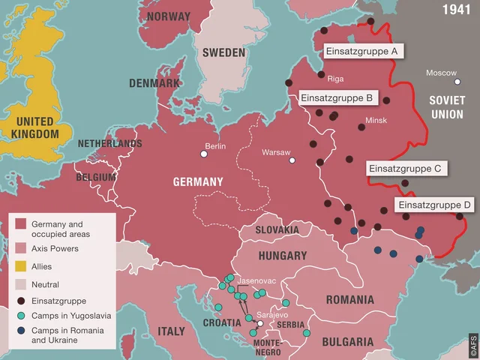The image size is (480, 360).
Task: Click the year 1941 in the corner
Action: coord(457,10)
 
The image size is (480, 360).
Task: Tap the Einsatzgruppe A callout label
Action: coord(363,52)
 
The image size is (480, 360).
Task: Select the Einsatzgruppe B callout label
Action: coord(337,97)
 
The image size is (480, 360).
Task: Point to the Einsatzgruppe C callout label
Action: coord(406,169)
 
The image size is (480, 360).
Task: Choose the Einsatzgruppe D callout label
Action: coord(435,205)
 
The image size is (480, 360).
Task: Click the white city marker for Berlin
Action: coord(203,154)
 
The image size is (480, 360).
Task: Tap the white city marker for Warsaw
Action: coord(292,160)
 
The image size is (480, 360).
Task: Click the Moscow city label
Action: coord(441,73)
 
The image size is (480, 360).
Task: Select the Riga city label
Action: coord(335,77)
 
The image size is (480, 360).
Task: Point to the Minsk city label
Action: coord(376,120)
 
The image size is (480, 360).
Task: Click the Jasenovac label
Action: coord(258,280)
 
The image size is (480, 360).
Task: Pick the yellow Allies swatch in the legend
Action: coord(21,266)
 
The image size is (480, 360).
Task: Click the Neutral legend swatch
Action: coord(21,284)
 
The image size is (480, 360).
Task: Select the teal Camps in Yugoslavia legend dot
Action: coord(21,316)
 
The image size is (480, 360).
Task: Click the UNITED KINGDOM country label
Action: coord(35,127)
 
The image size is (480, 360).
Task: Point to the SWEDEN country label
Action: coord(223,52)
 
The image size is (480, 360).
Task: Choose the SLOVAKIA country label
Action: coord(277,229)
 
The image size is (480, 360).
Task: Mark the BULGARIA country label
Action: coord(347,342)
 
